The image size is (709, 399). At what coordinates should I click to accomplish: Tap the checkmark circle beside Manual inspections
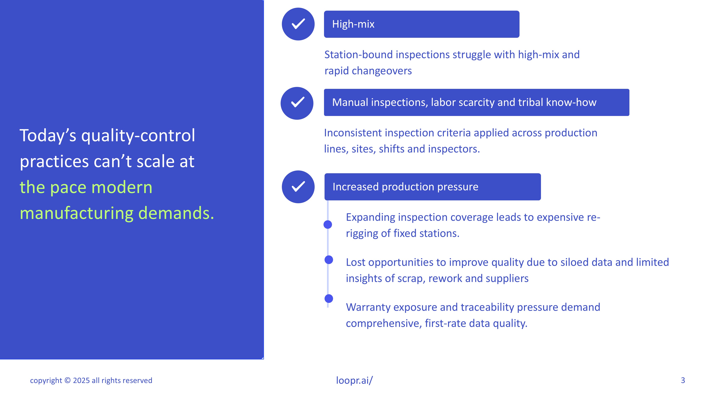[x=297, y=103]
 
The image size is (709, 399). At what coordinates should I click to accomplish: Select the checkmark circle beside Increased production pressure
[x=298, y=187]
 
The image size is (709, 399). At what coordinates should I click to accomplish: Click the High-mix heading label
[x=353, y=24]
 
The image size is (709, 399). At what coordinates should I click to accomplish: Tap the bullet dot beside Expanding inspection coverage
[x=328, y=225]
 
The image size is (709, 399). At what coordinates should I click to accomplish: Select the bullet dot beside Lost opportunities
[x=329, y=260]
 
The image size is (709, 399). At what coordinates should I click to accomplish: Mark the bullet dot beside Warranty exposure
[x=329, y=298]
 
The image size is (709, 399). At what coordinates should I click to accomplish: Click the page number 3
[x=683, y=380]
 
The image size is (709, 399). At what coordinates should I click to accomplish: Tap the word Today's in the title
[x=48, y=136]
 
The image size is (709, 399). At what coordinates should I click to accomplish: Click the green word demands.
[x=176, y=213]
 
